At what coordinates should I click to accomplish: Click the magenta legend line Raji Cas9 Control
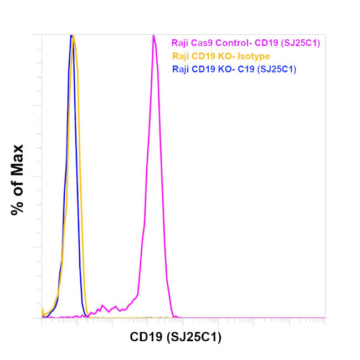click(x=246, y=42)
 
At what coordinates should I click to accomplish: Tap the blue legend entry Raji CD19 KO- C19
click(x=234, y=69)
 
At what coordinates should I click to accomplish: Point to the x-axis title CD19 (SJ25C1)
click(x=176, y=337)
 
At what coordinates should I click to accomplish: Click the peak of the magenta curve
click(x=153, y=37)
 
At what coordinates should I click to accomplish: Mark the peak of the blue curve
click(x=71, y=37)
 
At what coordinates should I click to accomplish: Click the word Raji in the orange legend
click(x=181, y=56)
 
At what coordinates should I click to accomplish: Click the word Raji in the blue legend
click(x=181, y=69)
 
